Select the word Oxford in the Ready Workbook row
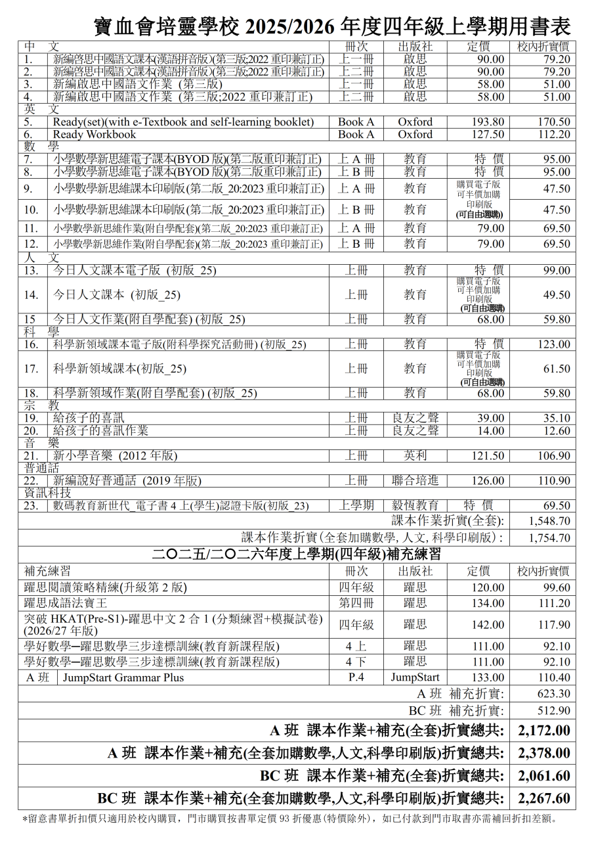(x=415, y=135)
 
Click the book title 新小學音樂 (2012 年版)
(x=116, y=456)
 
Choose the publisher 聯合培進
(x=415, y=481)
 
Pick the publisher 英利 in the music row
(x=415, y=456)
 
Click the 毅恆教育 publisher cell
(x=415, y=506)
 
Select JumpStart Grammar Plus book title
(x=123, y=677)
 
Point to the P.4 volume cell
(x=356, y=677)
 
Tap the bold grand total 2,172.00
(x=544, y=731)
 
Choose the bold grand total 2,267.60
(x=544, y=799)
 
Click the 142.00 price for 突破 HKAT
(x=488, y=625)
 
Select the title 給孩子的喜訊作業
(x=100, y=431)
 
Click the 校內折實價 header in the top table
(x=543, y=47)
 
